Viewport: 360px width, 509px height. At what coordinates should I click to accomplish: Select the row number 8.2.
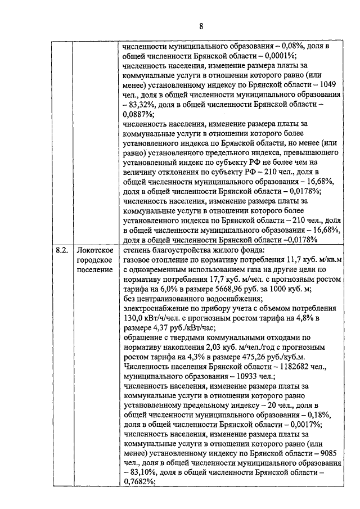tap(61, 250)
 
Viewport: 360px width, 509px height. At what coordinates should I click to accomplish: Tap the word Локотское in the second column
tap(96, 250)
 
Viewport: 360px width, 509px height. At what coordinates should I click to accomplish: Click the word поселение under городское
tap(94, 271)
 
